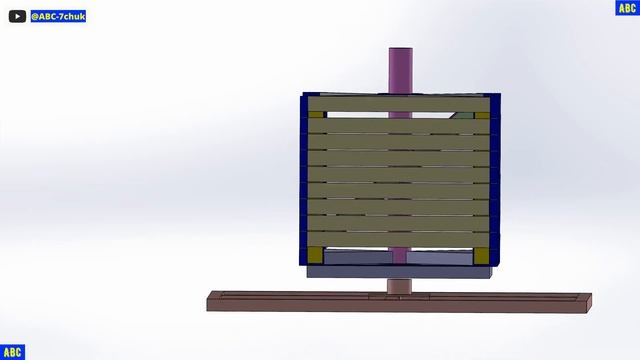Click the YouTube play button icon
tap(17, 16)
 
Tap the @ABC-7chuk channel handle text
tap(58, 16)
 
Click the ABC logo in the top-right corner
tap(627, 8)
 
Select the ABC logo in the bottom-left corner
tap(12, 352)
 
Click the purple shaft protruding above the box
tap(400, 71)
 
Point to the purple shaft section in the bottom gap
tap(399, 256)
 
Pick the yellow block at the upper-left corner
tap(316, 115)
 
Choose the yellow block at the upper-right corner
tap(482, 116)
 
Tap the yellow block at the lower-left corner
tap(315, 255)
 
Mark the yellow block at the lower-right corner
tap(481, 256)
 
